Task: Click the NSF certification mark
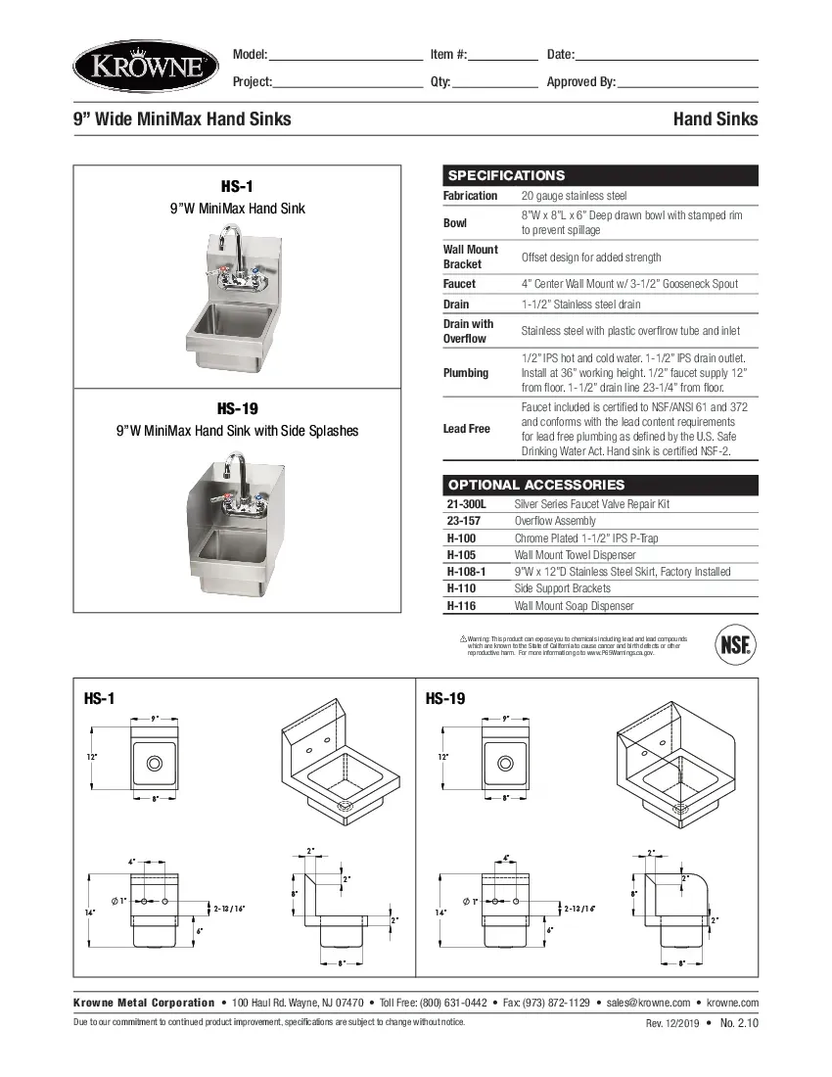click(735, 644)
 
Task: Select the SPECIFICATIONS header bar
click(600, 175)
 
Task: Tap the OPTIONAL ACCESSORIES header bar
click(600, 485)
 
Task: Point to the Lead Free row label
click(467, 429)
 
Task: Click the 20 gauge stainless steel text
click(574, 196)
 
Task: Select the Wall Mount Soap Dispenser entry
click(575, 606)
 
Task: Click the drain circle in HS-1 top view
click(155, 763)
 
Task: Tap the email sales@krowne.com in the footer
click(648, 1003)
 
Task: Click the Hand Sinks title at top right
click(715, 119)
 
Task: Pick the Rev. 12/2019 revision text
click(670, 1024)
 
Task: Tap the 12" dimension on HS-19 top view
click(442, 757)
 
